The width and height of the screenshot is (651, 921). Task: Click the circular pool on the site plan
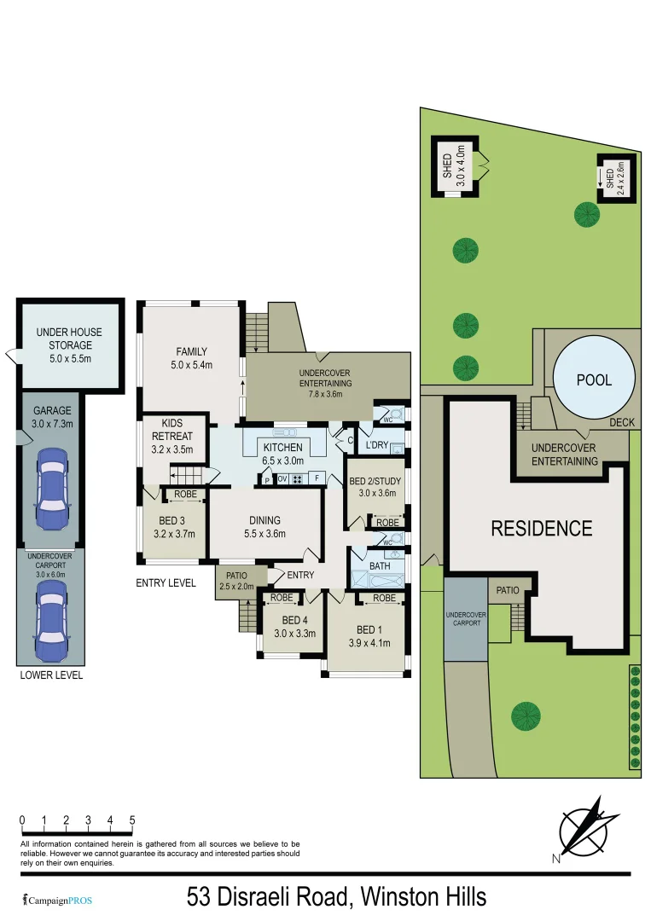[x=594, y=379]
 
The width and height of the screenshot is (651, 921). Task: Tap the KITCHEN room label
[x=282, y=448]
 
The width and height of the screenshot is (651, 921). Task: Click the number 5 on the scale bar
[x=132, y=820]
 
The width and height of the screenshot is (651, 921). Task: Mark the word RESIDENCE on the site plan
[x=541, y=529]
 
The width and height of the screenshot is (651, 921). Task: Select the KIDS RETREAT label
[x=173, y=437]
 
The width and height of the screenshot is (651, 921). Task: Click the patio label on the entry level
[x=236, y=581]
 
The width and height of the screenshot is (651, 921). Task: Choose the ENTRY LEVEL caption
[x=166, y=583]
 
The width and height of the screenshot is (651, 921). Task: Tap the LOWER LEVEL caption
[x=50, y=675]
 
